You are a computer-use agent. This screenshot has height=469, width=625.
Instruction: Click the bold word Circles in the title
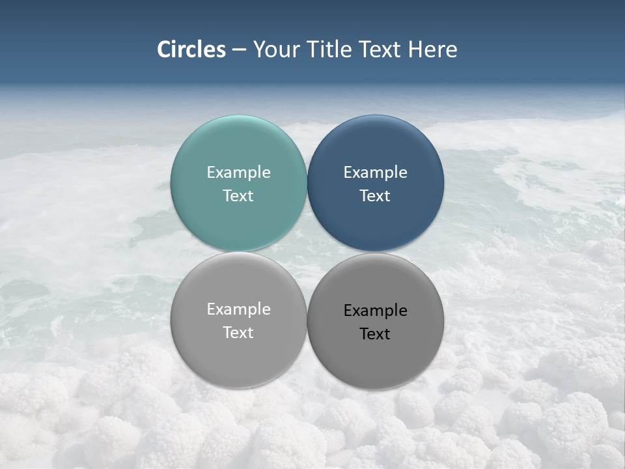tap(191, 50)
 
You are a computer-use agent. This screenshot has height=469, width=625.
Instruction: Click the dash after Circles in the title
tap(239, 50)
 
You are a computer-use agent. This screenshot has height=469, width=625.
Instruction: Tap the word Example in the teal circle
tap(238, 173)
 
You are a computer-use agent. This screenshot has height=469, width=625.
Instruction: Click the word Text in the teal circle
tap(238, 196)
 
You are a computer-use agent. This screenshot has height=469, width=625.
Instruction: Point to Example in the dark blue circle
tap(375, 173)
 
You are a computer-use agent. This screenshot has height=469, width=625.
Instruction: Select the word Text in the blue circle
tap(375, 196)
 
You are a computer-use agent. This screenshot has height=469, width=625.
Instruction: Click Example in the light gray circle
tap(238, 309)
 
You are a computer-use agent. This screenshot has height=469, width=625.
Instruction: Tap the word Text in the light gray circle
tap(238, 333)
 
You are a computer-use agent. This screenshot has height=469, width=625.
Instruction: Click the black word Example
tap(375, 311)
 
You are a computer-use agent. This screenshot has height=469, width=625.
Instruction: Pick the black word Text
tap(375, 334)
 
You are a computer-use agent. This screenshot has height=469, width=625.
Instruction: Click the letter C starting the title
tap(164, 50)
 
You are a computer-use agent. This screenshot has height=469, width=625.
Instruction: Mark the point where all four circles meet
tap(307, 252)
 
